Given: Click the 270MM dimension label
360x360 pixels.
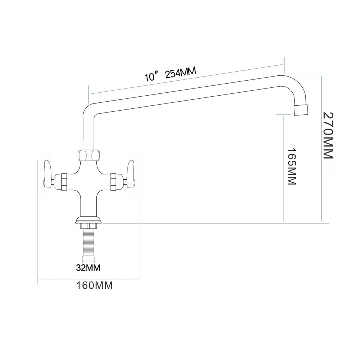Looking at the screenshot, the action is tap(328, 135).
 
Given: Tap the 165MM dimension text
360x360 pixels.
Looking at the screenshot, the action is tap(292, 166).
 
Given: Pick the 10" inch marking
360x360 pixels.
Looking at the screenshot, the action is tap(150, 77).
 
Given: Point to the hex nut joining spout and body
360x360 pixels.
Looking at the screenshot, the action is tap(89, 154).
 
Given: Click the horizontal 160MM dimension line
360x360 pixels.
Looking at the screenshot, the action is tap(88, 279).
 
